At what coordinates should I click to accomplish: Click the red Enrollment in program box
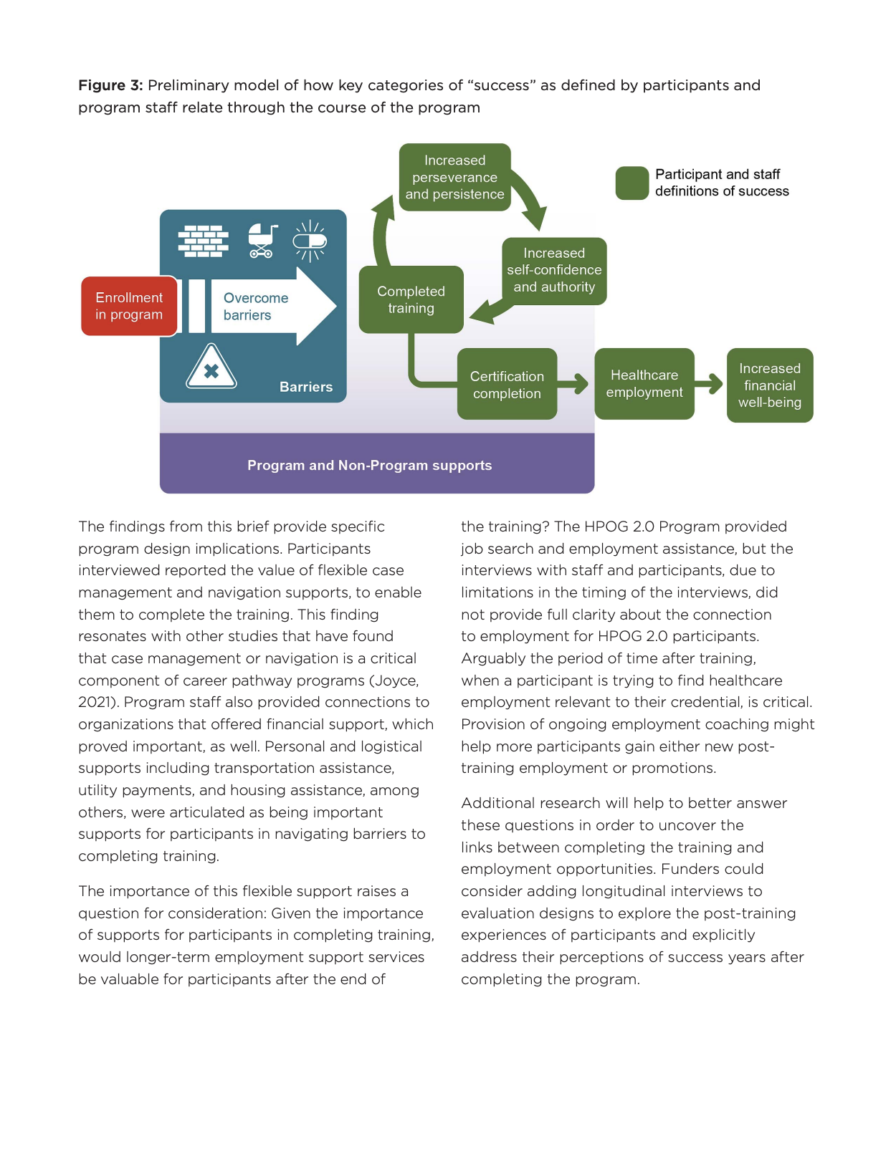click(x=129, y=306)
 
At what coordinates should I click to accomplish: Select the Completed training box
click(x=411, y=299)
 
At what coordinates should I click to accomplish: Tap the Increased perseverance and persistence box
click(x=454, y=177)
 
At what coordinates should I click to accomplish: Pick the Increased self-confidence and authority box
click(x=554, y=271)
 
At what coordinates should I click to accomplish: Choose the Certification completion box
click(x=507, y=384)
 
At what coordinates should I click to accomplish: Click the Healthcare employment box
click(x=644, y=384)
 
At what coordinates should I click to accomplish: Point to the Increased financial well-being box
click(x=770, y=385)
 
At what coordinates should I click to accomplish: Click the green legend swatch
click(x=632, y=183)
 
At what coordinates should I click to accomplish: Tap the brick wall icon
click(x=204, y=241)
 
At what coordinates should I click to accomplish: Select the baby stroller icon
click(x=262, y=241)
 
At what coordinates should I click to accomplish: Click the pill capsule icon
click(x=310, y=241)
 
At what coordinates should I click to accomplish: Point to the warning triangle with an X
click(x=211, y=367)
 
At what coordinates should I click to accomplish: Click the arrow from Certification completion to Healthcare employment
click(x=573, y=383)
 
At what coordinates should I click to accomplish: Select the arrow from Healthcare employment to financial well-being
click(x=709, y=383)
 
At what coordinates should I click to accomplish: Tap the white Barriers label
click(x=306, y=387)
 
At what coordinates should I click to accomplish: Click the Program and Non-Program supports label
click(x=369, y=465)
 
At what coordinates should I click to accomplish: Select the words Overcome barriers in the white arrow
click(x=256, y=306)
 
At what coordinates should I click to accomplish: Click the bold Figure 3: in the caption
click(x=110, y=85)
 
